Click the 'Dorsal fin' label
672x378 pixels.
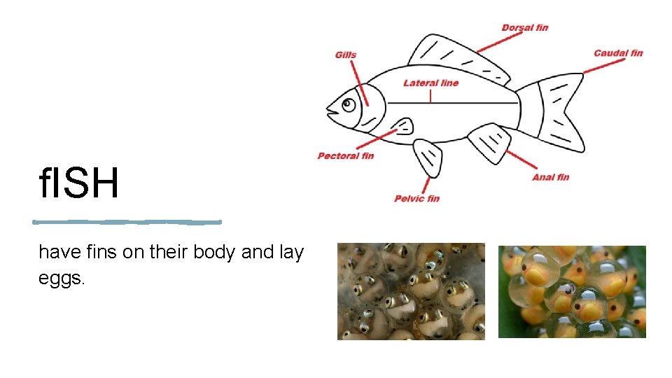point(524,28)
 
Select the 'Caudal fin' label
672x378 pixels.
point(618,53)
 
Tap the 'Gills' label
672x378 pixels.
point(345,55)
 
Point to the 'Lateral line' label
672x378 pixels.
point(430,83)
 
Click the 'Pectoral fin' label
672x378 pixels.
point(346,155)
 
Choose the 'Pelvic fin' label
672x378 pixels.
point(417,198)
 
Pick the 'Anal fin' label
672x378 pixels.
point(550,177)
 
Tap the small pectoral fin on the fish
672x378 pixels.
point(403,126)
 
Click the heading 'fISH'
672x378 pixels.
point(79,184)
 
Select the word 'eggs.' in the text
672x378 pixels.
point(62,279)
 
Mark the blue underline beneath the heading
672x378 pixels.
point(127,222)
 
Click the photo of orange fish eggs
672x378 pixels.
point(572,292)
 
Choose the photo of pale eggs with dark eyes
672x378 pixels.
point(411,292)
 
